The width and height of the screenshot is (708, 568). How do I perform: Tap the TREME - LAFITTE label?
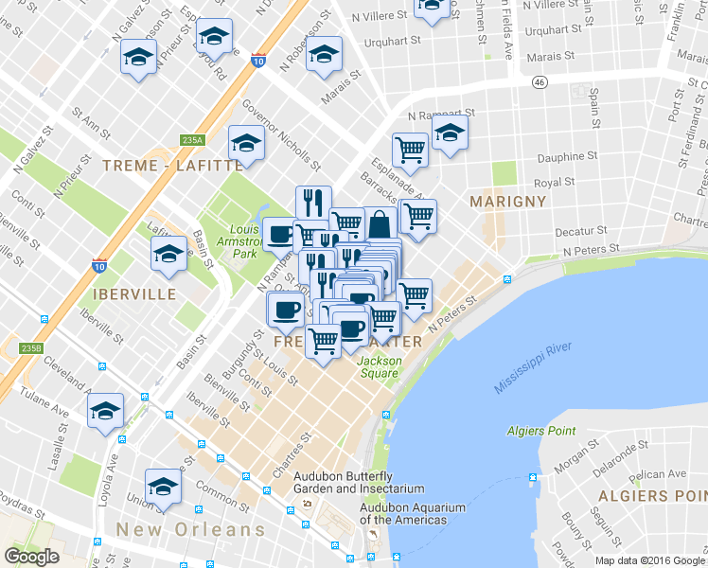171,165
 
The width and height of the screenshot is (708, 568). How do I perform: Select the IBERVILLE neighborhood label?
134,293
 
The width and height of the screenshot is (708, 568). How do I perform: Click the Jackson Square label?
379,366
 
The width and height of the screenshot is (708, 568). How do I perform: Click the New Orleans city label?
190,529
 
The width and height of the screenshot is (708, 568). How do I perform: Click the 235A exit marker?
192,140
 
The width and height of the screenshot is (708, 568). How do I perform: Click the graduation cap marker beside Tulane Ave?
105,410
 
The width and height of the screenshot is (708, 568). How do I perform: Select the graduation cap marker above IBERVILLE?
168,254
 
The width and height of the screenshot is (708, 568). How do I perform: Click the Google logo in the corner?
31,557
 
